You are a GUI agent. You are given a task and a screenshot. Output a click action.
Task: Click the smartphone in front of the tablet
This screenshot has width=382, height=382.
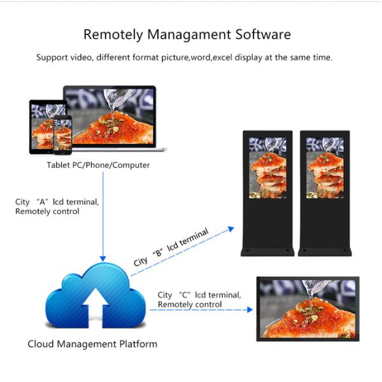(x=62, y=134)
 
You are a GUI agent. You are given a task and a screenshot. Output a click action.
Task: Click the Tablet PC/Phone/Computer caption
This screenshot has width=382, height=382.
(x=98, y=166)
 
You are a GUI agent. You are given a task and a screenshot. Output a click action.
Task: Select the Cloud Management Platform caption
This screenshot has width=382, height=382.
(x=92, y=344)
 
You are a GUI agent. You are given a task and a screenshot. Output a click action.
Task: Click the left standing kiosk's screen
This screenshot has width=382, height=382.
(x=267, y=167)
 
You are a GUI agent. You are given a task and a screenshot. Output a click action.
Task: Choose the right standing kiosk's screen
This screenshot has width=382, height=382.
(x=325, y=167)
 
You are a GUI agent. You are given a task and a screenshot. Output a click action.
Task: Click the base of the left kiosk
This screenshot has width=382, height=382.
(x=267, y=250)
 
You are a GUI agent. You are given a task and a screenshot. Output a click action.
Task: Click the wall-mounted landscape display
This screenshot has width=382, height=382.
(x=308, y=309)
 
